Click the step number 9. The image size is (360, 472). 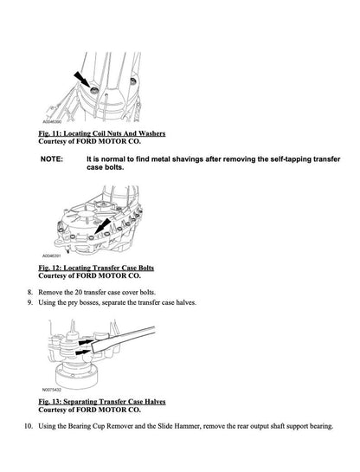pos(30,304)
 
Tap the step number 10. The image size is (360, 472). pos(28,428)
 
